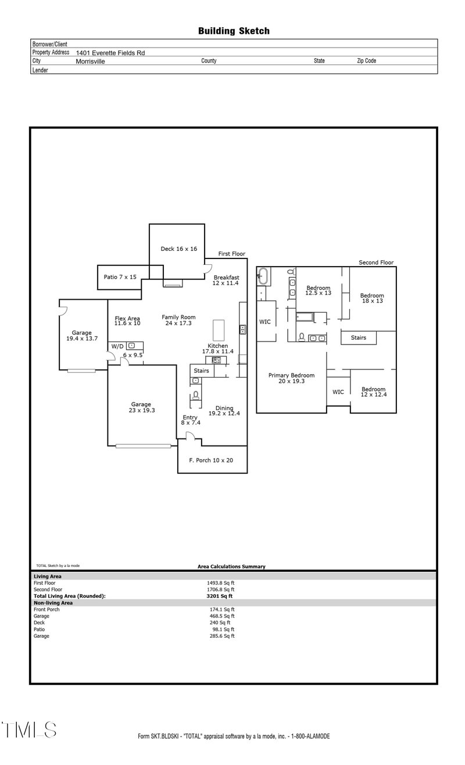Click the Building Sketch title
point(234,31)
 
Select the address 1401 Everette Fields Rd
point(110,52)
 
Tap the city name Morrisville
point(90,61)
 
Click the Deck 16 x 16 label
point(178,249)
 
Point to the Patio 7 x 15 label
point(120,277)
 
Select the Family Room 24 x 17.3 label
point(178,320)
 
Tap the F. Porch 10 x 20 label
point(211,461)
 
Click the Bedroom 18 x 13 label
point(372,297)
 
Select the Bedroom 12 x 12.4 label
point(373,392)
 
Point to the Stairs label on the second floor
point(358,337)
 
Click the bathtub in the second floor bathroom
point(263,276)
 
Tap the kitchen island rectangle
point(219,331)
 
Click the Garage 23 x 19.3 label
point(141,407)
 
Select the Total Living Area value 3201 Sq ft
point(220,596)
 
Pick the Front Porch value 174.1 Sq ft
point(221,609)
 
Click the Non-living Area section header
point(53,603)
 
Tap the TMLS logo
point(29,730)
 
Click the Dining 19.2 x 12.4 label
point(224,411)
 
